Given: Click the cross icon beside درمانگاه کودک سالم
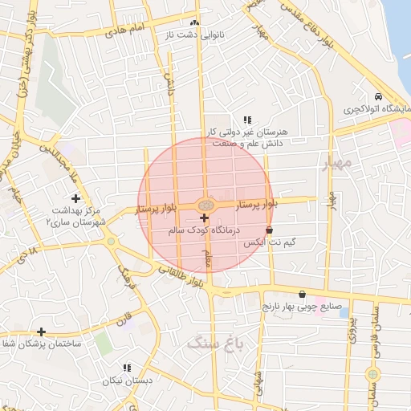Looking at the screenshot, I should [x=204, y=218].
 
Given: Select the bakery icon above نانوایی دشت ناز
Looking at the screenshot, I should [x=195, y=22].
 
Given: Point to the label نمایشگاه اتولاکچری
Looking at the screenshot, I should [x=376, y=108].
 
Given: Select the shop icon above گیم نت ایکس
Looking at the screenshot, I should [x=279, y=230].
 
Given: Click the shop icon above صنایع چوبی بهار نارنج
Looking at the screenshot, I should [x=302, y=295].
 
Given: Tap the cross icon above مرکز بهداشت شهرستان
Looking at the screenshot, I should [x=75, y=197].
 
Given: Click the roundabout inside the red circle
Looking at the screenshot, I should [x=204, y=205].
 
